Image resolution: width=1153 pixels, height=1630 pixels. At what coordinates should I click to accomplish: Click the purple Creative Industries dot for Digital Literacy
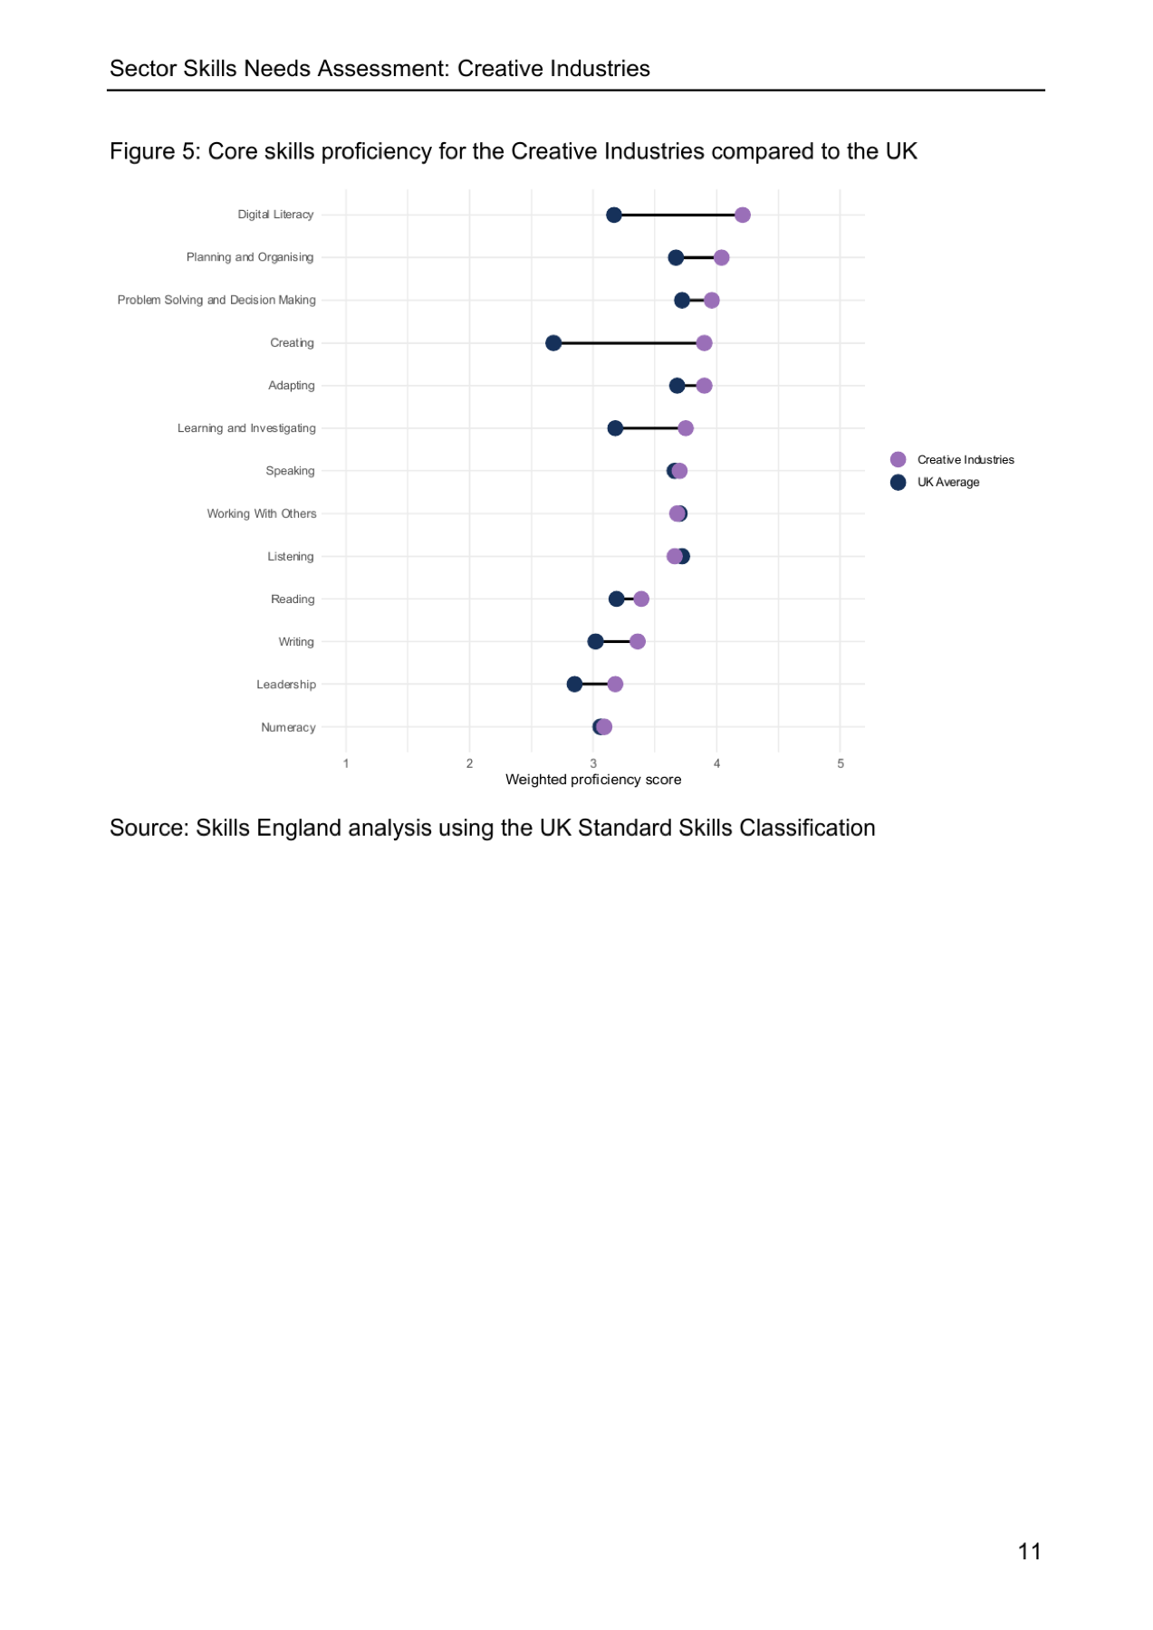[743, 215]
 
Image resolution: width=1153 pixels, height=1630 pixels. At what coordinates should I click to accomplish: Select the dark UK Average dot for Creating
[553, 343]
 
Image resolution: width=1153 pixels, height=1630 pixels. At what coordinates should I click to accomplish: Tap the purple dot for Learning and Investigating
[686, 428]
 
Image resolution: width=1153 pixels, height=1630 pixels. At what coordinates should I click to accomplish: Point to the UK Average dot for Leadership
[574, 685]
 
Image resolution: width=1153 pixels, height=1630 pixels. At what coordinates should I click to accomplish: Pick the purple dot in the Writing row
[638, 642]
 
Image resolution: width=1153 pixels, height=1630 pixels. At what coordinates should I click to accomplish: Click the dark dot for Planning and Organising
[676, 258]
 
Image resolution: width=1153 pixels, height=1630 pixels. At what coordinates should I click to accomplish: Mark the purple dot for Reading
[641, 599]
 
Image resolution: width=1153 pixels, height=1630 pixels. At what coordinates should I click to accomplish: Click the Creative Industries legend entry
[952, 460]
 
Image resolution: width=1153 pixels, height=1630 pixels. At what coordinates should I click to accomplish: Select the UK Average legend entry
[935, 483]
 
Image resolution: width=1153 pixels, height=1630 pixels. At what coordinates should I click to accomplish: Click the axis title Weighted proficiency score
[593, 780]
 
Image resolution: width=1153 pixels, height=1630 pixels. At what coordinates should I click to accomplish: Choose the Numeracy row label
[288, 728]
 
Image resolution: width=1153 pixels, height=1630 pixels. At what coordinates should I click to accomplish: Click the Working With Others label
[262, 514]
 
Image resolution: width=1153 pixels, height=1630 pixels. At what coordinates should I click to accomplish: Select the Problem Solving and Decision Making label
[216, 301]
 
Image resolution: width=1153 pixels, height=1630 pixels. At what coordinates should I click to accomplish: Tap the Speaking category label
[290, 472]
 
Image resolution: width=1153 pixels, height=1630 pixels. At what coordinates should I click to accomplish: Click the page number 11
[1029, 1552]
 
